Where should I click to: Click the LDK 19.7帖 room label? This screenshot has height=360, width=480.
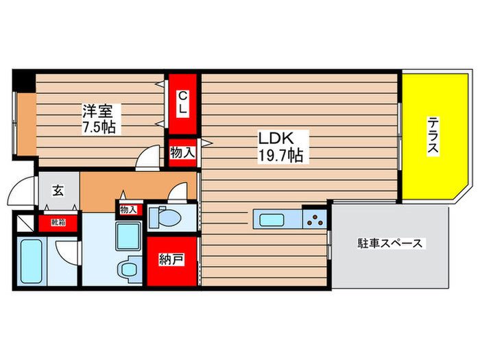pos(280,145)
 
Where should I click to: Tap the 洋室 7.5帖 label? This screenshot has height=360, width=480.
pos(99,118)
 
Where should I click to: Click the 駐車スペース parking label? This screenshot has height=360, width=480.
pos(391,243)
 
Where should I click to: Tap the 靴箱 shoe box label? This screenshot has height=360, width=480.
pos(56,221)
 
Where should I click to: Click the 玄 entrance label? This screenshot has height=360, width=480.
pos(58,191)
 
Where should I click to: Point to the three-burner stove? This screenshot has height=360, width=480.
pos(316,219)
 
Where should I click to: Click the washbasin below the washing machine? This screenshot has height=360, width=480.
pos(128,267)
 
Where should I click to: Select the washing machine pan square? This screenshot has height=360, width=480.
pos(128,232)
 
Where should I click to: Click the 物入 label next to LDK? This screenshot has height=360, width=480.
pos(182,153)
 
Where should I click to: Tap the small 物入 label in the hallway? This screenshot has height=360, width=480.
pos(128,209)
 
